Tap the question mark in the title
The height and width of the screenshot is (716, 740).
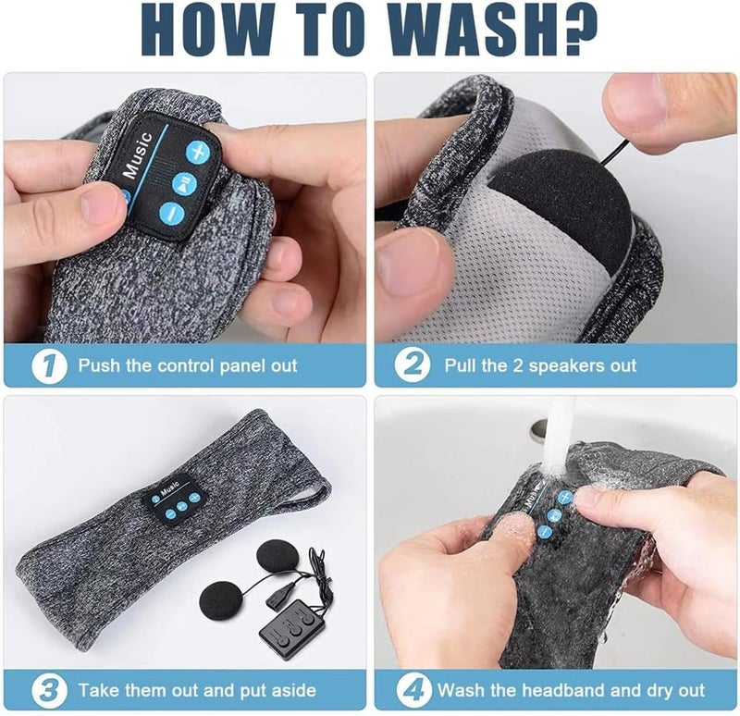[x=581, y=30]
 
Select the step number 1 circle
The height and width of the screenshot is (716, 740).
[x=49, y=365]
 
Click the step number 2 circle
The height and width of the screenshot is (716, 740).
[x=412, y=364]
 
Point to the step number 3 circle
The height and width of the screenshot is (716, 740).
[x=49, y=690]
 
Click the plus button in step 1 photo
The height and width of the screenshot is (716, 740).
[x=197, y=152]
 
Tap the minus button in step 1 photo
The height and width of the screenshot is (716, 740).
[x=171, y=215]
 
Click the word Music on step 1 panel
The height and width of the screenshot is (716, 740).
[x=138, y=155]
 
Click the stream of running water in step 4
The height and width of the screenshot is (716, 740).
[x=559, y=434]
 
